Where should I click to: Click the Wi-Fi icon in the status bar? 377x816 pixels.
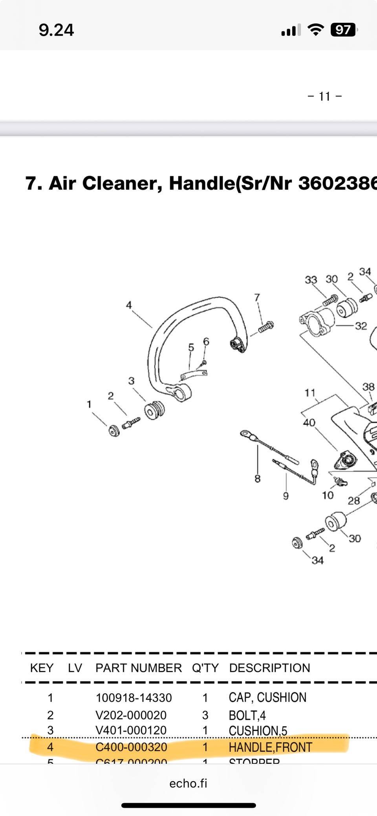[x=315, y=29]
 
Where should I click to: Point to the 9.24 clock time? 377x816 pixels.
[x=56, y=30]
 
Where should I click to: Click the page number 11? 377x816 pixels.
[x=324, y=96]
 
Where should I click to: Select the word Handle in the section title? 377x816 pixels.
[x=201, y=183]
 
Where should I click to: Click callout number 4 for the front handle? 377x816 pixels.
[x=129, y=305]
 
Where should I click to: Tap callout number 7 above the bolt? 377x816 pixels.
[x=257, y=298]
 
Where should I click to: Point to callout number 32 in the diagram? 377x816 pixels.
[x=361, y=326]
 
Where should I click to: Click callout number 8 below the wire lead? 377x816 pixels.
[x=257, y=478]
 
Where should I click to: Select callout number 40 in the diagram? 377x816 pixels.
[x=309, y=423]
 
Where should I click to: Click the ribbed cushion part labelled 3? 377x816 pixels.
[x=154, y=411]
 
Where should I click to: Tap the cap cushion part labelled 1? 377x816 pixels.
[x=114, y=431]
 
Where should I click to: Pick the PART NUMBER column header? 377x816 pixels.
[x=138, y=668]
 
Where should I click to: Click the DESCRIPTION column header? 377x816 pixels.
[x=269, y=668]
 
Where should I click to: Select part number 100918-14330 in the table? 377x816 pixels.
[x=134, y=698]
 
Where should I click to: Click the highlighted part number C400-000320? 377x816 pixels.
[x=131, y=747]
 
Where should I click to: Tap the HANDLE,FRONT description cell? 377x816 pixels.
[x=270, y=747]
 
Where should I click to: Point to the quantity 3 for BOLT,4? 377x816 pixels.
[x=205, y=715]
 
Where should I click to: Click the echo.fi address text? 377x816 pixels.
[x=188, y=783]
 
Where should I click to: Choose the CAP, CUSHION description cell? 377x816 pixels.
[x=267, y=697]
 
